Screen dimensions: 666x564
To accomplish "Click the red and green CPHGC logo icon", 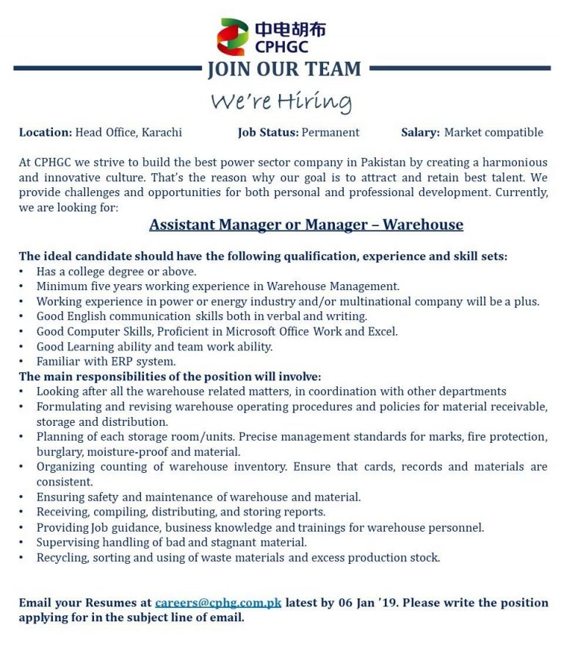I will click(233, 37).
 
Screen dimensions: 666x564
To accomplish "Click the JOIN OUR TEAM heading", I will click(284, 69).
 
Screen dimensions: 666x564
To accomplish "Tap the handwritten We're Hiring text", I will click(281, 101).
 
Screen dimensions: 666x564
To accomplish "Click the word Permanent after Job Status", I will click(330, 133).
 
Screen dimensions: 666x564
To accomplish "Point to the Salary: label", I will click(420, 133).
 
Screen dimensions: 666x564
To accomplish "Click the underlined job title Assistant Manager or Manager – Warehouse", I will click(306, 225).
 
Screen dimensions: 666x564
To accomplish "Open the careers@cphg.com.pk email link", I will click(218, 603).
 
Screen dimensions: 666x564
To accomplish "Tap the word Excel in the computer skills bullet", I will click(381, 331).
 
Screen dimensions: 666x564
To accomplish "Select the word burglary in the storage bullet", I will click(58, 452).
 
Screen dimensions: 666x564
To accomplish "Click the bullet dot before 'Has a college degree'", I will click(21, 272).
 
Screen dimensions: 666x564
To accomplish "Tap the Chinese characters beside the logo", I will click(290, 29).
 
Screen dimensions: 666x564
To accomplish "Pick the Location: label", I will click(46, 133).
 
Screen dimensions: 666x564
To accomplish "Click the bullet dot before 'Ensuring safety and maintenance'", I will click(21, 497).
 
